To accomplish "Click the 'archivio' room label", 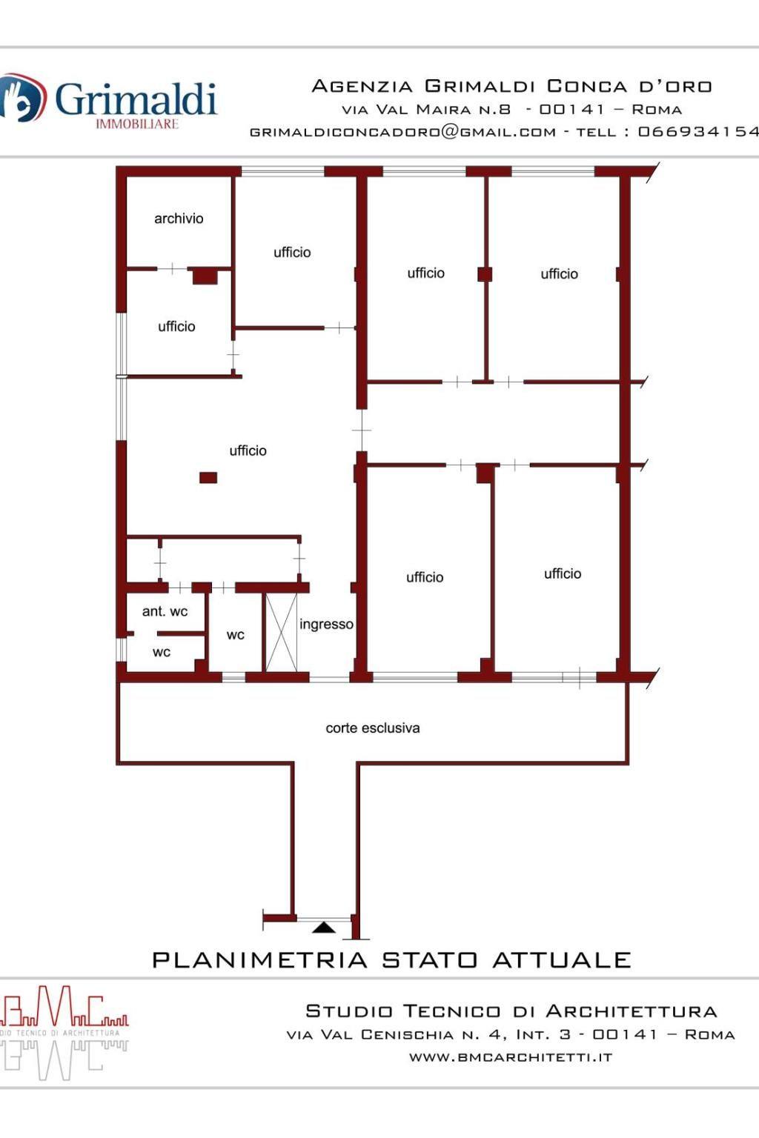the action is [x=179, y=219].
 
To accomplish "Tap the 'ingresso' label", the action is [x=326, y=625].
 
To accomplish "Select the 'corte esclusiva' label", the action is [x=373, y=728].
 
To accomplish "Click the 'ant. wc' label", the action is [x=165, y=611].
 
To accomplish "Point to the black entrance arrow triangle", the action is [x=323, y=928].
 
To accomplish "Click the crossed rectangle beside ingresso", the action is [x=281, y=632].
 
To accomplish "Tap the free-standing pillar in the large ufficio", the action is [x=208, y=478].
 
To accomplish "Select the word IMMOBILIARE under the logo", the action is [x=137, y=124].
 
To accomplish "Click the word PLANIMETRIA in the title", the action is [x=259, y=960].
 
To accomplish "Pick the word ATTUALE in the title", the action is [x=562, y=960].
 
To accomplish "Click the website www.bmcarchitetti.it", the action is [x=511, y=1057].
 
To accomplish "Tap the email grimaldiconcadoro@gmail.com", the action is [x=402, y=132].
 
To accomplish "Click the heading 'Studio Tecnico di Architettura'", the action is [x=511, y=1011].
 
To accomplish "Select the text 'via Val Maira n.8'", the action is [x=426, y=109].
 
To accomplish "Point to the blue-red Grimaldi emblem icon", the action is [x=21, y=98].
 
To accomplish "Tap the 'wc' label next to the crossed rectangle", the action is [x=236, y=635].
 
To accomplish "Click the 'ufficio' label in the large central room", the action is [x=248, y=450].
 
